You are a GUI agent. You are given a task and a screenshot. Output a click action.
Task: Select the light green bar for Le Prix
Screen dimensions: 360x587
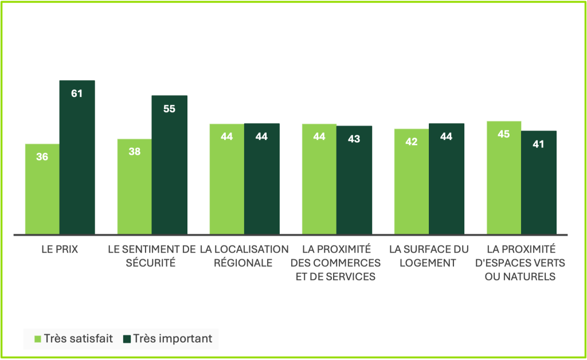(42, 189)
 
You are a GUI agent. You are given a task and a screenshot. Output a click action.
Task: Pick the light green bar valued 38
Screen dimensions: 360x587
(135, 186)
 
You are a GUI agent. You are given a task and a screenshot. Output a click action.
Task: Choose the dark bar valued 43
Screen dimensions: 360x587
(354, 180)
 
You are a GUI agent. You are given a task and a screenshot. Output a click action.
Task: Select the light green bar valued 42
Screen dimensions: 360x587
(411, 181)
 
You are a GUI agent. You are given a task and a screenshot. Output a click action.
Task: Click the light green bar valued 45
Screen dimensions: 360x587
(503, 178)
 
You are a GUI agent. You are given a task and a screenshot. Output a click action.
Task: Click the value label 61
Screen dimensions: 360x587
(77, 93)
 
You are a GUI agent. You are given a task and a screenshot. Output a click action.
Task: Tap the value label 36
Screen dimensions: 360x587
(42, 156)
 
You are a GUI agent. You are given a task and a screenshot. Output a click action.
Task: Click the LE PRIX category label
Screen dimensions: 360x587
(60, 250)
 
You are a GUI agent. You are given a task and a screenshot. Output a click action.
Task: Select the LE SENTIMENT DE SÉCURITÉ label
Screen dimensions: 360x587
(152, 256)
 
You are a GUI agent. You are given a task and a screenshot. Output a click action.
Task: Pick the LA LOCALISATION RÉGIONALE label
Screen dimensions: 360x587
(244, 256)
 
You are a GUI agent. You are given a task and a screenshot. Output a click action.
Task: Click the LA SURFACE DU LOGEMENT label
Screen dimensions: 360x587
(428, 256)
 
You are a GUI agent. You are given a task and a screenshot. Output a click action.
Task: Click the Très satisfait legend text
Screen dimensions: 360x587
(79, 339)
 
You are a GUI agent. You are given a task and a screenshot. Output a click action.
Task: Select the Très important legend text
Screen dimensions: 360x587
(172, 339)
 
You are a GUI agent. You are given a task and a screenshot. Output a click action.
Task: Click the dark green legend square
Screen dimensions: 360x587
(127, 339)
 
